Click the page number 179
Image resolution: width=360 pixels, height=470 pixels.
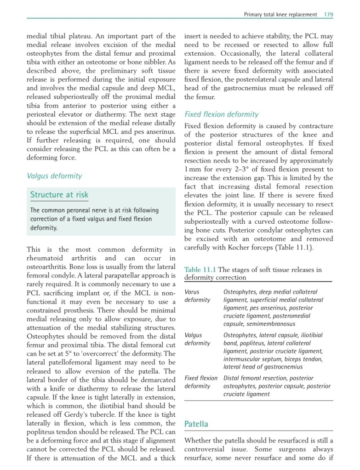pos(328,14)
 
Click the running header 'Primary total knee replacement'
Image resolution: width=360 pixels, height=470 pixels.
pos(280,14)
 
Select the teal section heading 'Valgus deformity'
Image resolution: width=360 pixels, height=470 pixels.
pos(54,176)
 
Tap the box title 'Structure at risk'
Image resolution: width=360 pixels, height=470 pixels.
pos(59,195)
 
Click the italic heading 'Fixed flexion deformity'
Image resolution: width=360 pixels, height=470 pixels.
pos(221,114)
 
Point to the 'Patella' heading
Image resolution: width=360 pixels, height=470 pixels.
pos(196,424)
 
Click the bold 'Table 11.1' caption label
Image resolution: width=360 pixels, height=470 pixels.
pos(200,270)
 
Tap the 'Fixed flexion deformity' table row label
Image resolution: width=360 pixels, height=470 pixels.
pos(201,382)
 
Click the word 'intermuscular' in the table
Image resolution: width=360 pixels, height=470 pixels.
pos(243,359)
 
